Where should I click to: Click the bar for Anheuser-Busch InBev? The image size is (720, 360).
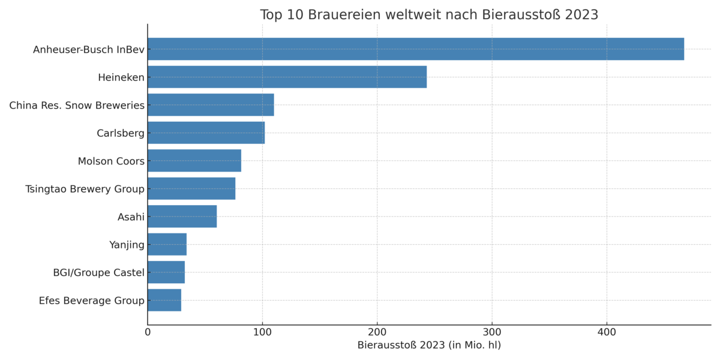point(415,49)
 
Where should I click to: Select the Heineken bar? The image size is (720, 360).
point(287,77)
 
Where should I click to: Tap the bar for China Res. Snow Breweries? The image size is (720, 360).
point(211,105)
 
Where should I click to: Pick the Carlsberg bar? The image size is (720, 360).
point(206,133)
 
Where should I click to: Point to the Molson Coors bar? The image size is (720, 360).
point(194,161)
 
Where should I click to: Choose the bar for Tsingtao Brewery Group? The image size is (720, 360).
point(191,188)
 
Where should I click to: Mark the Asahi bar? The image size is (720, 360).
point(182,217)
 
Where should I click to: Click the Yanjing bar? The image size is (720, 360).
point(167,244)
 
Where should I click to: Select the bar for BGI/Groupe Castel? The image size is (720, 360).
point(166,272)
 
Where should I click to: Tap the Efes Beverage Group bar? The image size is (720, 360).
point(164,300)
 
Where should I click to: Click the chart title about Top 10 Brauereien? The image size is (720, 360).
point(429,15)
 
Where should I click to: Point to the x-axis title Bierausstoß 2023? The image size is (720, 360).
point(429,345)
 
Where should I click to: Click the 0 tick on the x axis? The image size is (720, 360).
point(148,331)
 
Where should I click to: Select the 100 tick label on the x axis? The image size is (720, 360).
point(262,331)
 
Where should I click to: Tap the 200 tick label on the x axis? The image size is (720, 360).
point(377,331)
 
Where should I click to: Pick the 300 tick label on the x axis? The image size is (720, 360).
point(492,331)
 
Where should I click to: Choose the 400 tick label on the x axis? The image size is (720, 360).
point(607,331)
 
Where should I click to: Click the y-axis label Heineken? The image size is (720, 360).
point(121,77)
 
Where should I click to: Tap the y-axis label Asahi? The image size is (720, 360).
point(131,217)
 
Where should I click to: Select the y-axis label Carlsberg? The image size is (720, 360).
point(121,133)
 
